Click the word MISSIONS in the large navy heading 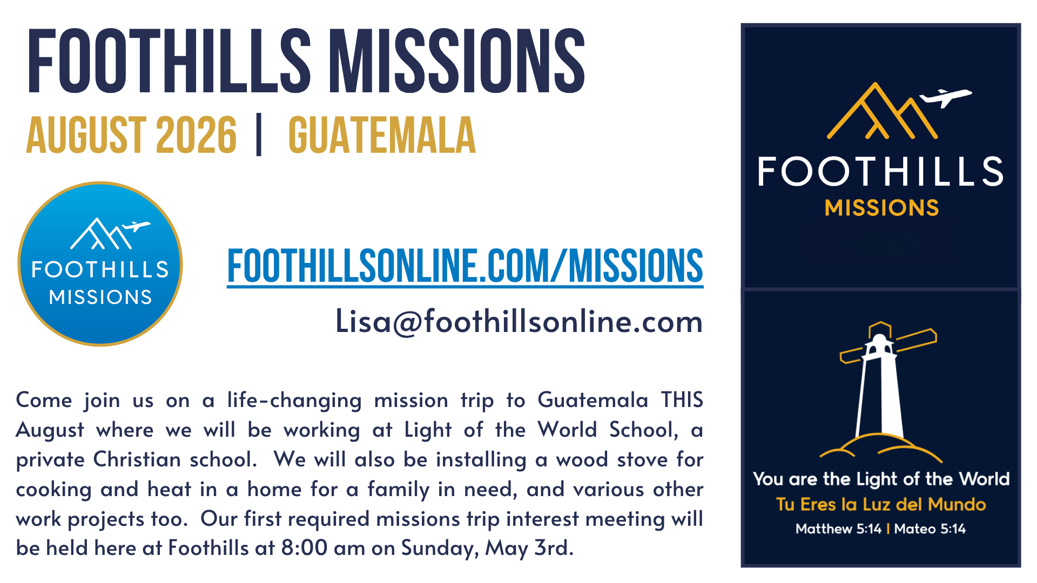[x=457, y=60]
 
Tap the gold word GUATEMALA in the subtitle [x=382, y=135]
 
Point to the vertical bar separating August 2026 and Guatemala [x=259, y=134]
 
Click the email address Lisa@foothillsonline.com [x=519, y=322]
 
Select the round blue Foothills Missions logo [x=100, y=264]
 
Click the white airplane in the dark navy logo [x=946, y=97]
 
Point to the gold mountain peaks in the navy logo [x=882, y=111]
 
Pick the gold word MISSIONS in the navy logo [x=881, y=208]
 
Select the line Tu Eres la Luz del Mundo [x=881, y=504]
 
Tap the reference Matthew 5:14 [x=838, y=528]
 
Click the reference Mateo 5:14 [x=930, y=528]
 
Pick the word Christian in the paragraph [x=137, y=459]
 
